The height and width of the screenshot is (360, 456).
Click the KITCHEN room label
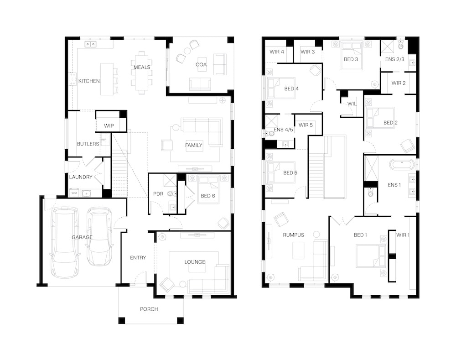point(89,81)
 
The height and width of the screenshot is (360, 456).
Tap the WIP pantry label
point(109,126)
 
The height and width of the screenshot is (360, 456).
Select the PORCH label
point(149,309)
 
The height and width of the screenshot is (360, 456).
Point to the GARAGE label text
point(82,237)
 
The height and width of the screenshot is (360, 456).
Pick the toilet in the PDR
point(171,193)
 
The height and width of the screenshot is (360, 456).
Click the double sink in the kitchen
point(90,44)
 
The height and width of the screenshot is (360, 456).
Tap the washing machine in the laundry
point(74,193)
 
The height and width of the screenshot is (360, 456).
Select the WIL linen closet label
point(352,104)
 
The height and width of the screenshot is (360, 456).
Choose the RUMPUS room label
point(293,235)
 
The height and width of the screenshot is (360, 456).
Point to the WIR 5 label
point(306,125)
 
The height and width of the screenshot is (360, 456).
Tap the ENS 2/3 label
point(394,59)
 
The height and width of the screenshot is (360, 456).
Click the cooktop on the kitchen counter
point(73,79)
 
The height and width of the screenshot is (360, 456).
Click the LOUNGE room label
point(195,262)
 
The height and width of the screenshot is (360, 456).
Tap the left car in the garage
point(65,242)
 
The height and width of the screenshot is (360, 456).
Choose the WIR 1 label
point(403,235)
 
